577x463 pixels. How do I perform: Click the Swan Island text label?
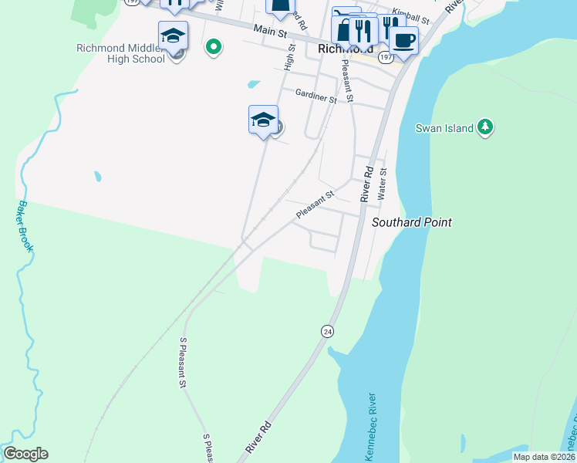[444, 128]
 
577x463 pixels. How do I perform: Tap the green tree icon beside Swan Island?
[484, 127]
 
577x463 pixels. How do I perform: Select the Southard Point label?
[411, 222]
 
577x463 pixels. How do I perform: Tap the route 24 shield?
[327, 330]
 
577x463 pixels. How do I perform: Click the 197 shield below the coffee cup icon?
[384, 57]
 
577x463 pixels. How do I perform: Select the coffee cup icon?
[403, 39]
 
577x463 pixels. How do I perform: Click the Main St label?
[270, 31]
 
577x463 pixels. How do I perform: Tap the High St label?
[291, 56]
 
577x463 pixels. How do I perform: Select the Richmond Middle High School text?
[120, 52]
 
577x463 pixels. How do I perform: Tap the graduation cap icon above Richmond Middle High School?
[173, 35]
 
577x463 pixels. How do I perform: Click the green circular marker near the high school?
[214, 48]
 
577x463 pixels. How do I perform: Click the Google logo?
[25, 454]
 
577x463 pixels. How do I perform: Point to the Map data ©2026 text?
[544, 457]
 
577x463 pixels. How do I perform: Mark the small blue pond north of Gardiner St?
[254, 84]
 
